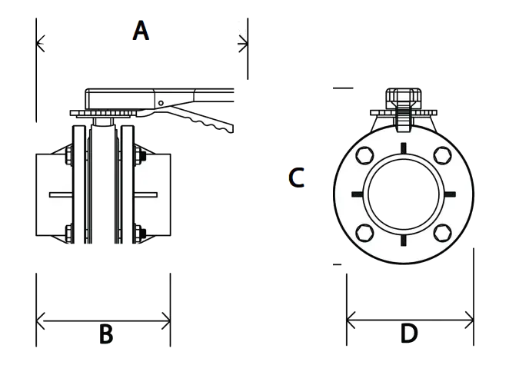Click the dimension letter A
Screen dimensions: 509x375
[x=141, y=31]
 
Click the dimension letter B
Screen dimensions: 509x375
[x=106, y=334]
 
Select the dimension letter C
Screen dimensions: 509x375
[x=296, y=178]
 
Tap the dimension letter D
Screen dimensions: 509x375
[x=409, y=334]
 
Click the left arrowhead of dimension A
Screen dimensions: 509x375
[x=40, y=44]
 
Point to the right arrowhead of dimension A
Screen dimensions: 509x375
[x=243, y=44]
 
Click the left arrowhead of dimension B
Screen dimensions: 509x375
[x=40, y=321]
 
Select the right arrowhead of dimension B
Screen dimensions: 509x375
[x=166, y=321]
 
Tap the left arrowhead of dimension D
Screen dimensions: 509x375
[x=351, y=320]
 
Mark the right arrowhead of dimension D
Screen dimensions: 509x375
[x=469, y=320]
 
